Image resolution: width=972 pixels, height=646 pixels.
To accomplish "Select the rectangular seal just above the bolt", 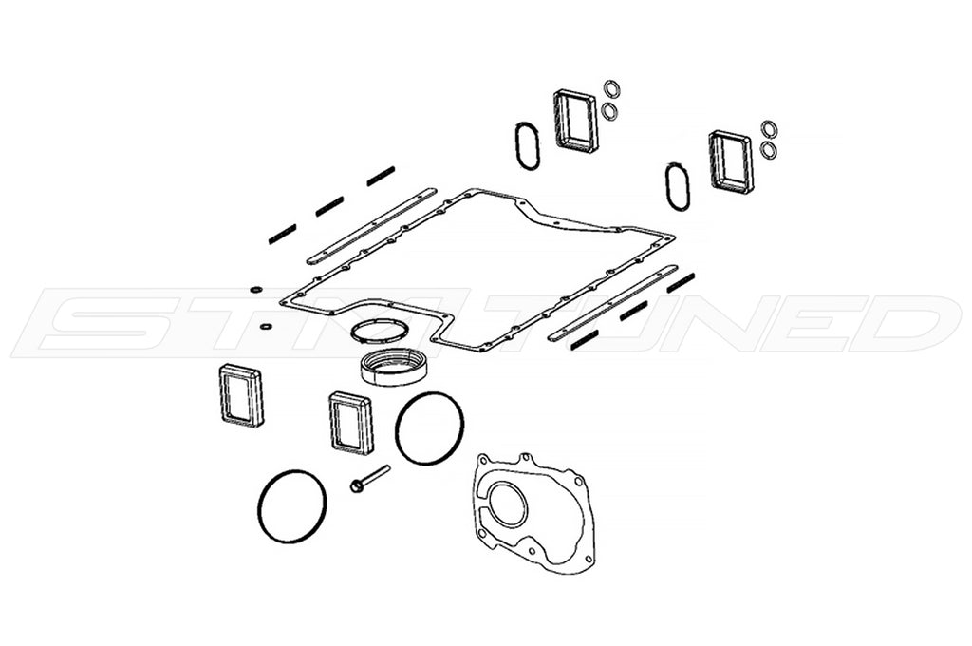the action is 350,422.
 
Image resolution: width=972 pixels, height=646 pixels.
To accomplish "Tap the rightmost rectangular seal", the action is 731,161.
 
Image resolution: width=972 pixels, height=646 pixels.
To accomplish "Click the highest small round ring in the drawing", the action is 612,88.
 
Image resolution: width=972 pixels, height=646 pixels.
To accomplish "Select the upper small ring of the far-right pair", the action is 769,129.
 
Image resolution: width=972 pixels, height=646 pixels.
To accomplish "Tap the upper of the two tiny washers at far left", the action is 255,289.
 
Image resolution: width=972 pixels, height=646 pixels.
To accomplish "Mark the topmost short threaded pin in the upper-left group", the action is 381,176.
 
